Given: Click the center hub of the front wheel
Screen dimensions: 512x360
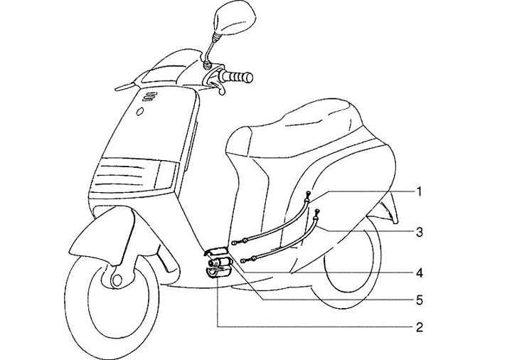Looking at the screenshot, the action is pyautogui.click(x=113, y=276).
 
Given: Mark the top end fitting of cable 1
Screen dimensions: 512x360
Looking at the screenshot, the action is pyautogui.click(x=306, y=196).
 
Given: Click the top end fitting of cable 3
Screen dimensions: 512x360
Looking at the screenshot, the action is pyautogui.click(x=316, y=213).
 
